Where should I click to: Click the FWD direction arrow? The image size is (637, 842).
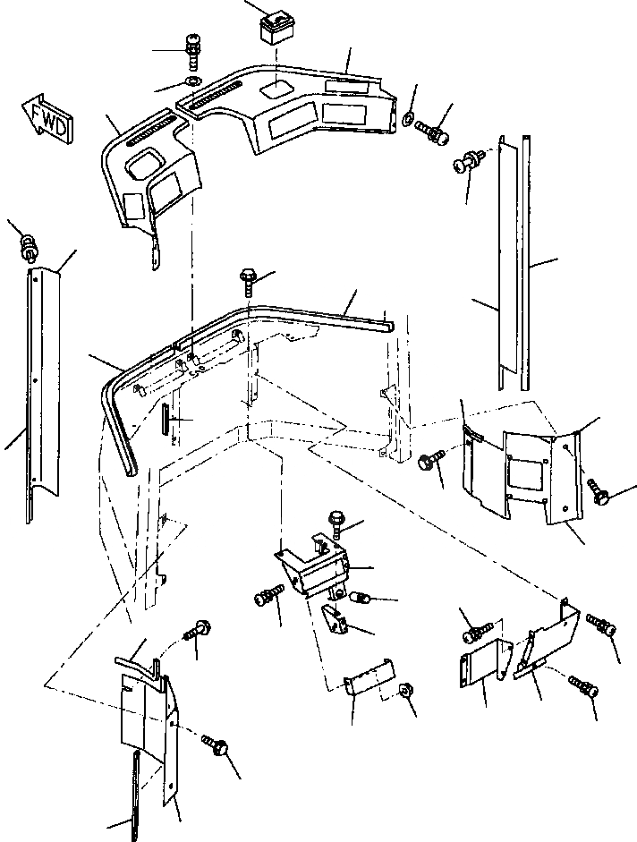point(42,117)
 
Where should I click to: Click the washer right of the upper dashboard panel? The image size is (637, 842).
point(409,118)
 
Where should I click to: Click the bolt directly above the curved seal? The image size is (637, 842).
point(249,281)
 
